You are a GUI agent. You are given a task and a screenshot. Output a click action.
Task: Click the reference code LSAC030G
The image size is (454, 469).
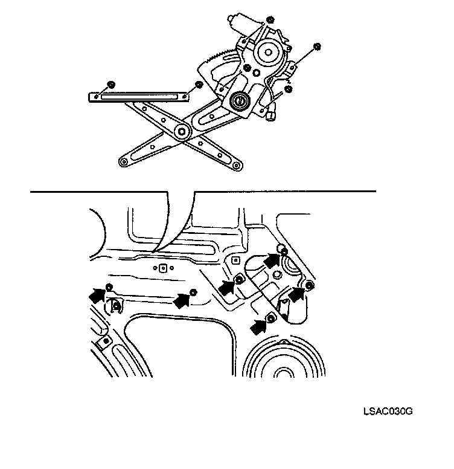pos(388,412)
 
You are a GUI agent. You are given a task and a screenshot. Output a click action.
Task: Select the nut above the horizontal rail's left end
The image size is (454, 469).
pos(110,83)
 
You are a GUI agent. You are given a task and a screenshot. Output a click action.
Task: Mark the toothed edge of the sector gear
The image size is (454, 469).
pos(218,58)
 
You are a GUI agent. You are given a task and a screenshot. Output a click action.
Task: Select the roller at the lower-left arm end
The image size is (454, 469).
pos(123,161)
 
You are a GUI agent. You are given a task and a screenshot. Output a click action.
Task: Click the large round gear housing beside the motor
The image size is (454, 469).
pos(266,53)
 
